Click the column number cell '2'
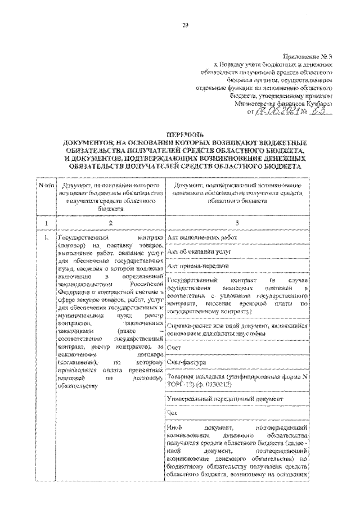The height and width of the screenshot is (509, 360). (x=110, y=223)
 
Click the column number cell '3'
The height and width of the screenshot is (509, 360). (x=237, y=223)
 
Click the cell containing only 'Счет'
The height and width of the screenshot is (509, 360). (x=174, y=349)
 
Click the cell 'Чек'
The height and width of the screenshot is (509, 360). (x=173, y=413)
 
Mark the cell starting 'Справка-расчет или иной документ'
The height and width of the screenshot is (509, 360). (x=237, y=329)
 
